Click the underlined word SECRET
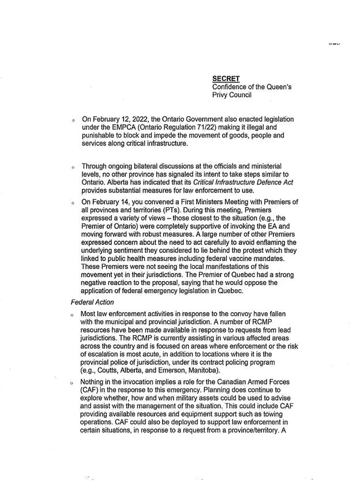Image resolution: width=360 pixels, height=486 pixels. [226, 77]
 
